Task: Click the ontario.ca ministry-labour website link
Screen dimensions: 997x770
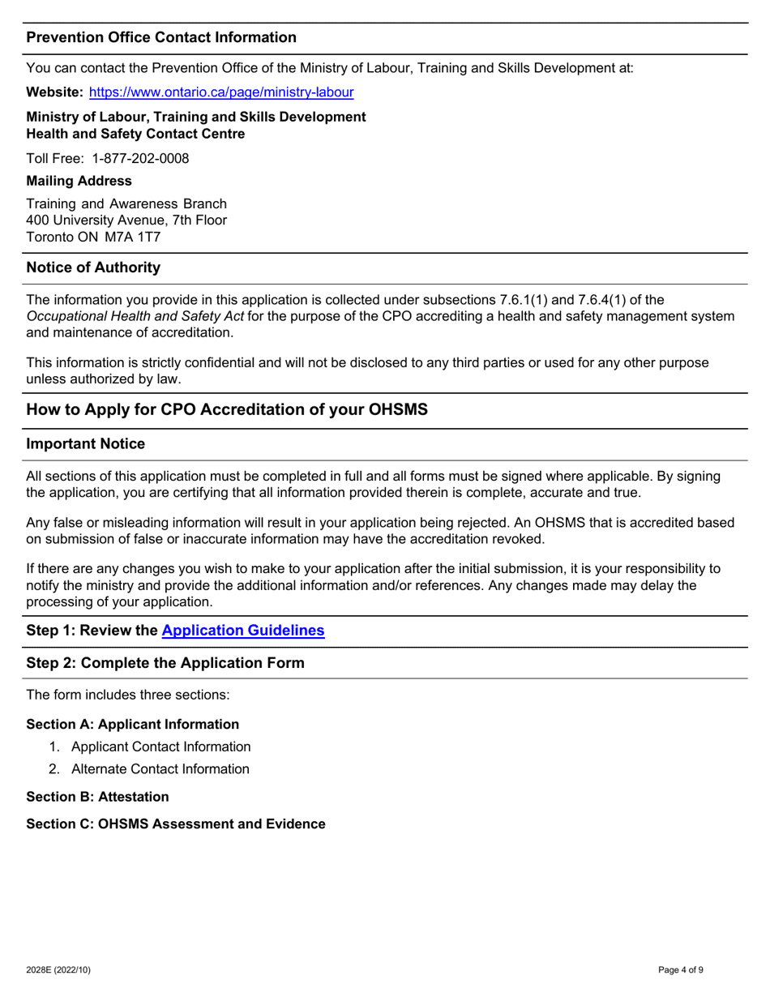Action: tap(220, 92)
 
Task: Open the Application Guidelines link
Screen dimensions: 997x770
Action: tap(243, 631)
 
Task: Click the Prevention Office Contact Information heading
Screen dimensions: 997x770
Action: tap(161, 37)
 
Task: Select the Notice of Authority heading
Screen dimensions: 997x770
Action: tap(93, 267)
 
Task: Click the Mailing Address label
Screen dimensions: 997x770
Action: tap(79, 181)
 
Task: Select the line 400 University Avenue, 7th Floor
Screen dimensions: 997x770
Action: tap(126, 220)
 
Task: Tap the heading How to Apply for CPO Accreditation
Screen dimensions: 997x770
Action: tap(227, 409)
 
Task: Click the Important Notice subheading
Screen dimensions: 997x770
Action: tap(86, 444)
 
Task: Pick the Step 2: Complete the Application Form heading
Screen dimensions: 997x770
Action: tap(165, 663)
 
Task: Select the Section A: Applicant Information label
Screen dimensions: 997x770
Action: tap(133, 724)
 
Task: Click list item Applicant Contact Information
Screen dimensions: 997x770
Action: tap(160, 747)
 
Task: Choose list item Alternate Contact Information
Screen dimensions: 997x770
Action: tap(160, 769)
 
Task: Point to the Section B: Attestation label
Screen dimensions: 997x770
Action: tap(98, 797)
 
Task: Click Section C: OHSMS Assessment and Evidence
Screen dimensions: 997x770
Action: tap(176, 824)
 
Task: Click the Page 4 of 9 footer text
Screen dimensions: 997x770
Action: tap(686, 969)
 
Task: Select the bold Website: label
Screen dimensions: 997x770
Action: tap(55, 92)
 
